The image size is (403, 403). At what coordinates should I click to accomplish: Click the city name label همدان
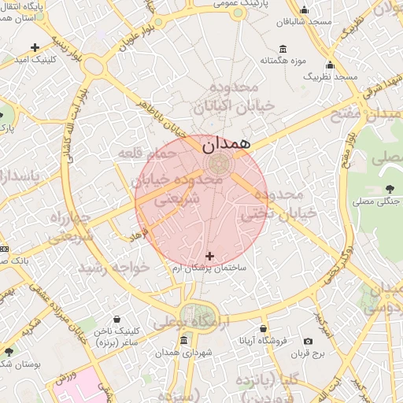226,144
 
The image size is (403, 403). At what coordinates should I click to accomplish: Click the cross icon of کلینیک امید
35,47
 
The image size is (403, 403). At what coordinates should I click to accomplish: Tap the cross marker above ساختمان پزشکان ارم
209,256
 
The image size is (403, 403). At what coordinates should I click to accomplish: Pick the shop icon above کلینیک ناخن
117,320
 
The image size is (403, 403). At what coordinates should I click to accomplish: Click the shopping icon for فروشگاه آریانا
263,329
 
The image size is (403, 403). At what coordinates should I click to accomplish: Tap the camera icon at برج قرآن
308,342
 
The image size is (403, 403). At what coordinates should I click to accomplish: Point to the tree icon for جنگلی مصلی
391,188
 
